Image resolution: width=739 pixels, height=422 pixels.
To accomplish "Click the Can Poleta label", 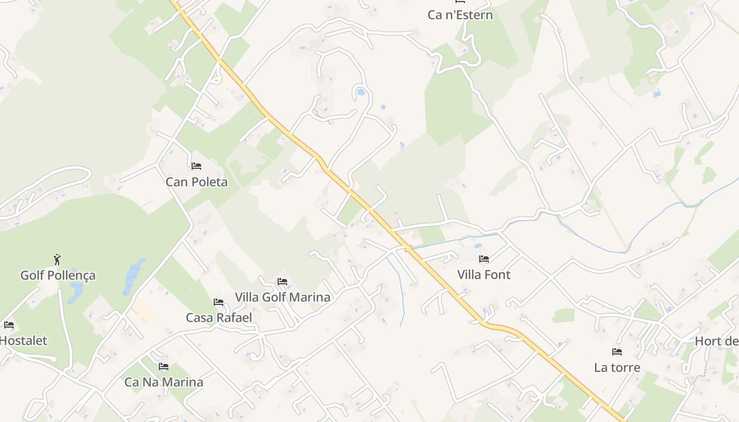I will click(x=196, y=182).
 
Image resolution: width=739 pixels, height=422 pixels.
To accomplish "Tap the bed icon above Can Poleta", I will click(x=196, y=166).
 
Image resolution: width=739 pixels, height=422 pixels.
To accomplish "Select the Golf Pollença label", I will click(x=58, y=275).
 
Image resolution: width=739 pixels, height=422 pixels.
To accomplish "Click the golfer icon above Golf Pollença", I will click(x=58, y=260).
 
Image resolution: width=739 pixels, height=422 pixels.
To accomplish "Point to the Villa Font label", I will click(x=484, y=275).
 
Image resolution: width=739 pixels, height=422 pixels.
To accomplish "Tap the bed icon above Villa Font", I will click(x=484, y=258).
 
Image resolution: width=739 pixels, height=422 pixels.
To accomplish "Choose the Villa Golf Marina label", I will click(x=282, y=297).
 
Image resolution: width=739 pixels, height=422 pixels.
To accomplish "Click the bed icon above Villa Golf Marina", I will click(x=282, y=281).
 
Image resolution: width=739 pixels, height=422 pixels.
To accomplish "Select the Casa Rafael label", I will click(x=219, y=318).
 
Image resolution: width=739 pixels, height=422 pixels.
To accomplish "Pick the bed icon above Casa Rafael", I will click(x=219, y=302).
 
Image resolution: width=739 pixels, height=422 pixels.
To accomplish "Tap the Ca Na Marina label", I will click(x=164, y=382).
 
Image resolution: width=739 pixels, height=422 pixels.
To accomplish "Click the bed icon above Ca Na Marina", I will click(x=164, y=366).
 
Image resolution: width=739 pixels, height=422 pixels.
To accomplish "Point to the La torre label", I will click(x=617, y=368).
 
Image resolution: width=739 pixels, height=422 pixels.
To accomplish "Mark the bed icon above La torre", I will click(x=617, y=351).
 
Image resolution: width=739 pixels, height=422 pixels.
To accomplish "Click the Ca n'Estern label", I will click(x=460, y=15).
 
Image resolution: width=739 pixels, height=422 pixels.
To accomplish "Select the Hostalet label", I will click(x=23, y=341).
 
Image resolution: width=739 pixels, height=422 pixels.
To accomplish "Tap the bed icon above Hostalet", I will click(x=8, y=324).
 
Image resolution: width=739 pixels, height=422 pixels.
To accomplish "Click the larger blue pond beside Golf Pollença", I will click(x=134, y=275).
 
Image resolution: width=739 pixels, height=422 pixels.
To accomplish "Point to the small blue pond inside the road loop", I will click(x=361, y=92).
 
